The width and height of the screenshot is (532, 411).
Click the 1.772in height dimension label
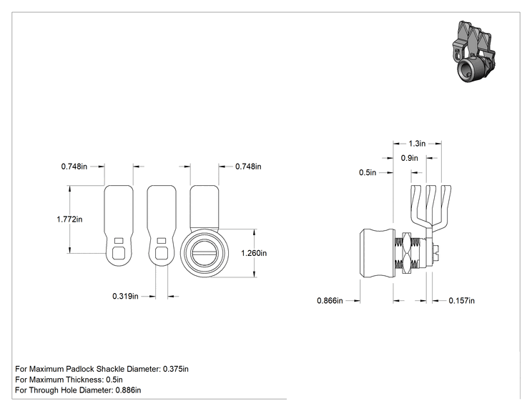69,219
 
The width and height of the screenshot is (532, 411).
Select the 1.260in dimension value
254,253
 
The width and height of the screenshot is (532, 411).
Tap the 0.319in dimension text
126,297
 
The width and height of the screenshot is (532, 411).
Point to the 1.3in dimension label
417,144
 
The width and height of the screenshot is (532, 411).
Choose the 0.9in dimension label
410,158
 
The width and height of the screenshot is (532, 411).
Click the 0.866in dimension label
330,301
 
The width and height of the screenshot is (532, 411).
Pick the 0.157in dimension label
461,301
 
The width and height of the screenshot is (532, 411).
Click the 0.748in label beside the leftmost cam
74,167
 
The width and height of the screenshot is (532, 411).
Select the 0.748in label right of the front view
248,167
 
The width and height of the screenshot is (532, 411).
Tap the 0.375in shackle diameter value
176,369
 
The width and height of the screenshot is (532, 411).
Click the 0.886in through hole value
128,390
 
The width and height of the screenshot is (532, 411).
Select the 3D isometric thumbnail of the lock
473,52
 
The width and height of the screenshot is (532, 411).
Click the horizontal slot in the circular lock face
205,253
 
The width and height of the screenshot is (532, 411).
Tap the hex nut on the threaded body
406,253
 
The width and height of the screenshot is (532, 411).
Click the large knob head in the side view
378,254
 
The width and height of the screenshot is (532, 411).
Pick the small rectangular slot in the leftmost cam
119,241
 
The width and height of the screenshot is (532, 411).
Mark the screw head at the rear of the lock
435,253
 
